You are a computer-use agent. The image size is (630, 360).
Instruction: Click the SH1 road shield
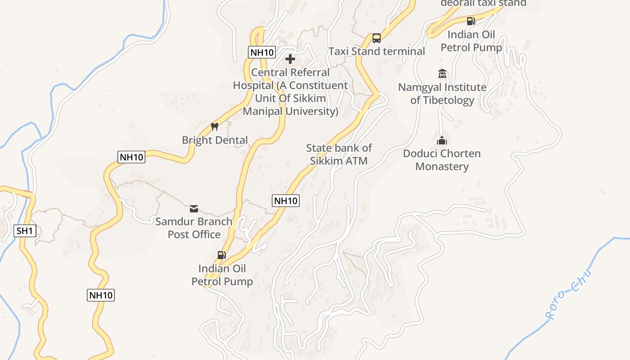25,231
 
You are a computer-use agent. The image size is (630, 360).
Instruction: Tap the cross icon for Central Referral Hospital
290,59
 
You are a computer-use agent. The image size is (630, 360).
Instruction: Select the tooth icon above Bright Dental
215,126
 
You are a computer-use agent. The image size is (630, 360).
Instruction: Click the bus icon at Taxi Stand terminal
377,38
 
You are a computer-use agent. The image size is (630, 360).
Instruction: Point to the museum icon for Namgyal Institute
442,74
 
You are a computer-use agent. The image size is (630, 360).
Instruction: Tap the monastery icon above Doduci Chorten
442,140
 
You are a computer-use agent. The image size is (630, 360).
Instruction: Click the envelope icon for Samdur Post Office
194,208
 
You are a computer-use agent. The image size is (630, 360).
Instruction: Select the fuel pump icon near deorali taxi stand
471,21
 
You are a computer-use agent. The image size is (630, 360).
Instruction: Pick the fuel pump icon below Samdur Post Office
222,255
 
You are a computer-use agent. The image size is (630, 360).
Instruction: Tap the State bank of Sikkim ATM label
339,154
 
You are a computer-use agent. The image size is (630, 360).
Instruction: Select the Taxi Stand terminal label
377,51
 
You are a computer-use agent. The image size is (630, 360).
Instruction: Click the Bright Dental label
215,140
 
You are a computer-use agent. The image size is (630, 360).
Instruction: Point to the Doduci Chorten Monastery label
442,160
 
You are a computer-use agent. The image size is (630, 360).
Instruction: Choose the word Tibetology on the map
442,100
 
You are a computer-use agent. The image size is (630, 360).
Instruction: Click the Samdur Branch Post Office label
194,228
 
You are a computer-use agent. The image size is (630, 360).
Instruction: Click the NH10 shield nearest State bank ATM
286,201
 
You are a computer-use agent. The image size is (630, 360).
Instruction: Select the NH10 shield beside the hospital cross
261,52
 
